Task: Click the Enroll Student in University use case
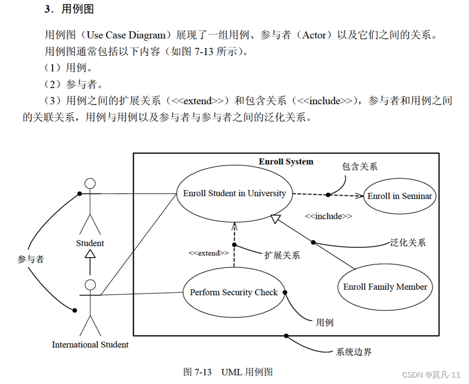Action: pos(234,194)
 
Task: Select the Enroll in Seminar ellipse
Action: pos(400,196)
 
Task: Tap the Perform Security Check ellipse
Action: pos(234,292)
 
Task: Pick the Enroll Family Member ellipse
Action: pos(385,287)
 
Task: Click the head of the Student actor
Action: pos(91,183)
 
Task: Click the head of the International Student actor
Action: pos(91,285)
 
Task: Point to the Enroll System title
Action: pos(286,162)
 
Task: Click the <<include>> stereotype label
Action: pos(328,216)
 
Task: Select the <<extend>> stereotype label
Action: pos(209,253)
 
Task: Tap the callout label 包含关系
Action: pos(359,167)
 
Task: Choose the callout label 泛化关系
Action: pos(408,242)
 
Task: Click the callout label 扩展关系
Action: pos(282,255)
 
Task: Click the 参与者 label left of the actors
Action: pos(30,259)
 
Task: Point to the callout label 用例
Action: pos(324,323)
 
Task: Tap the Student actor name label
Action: pos(90,243)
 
